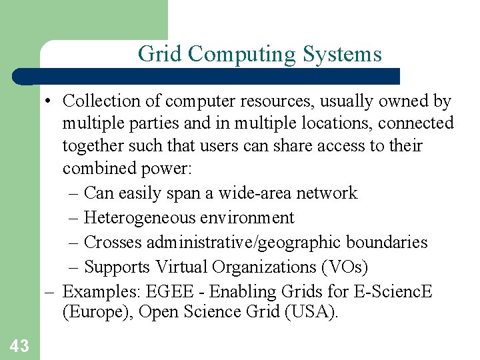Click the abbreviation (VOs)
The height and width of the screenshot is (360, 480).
pos(345,267)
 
